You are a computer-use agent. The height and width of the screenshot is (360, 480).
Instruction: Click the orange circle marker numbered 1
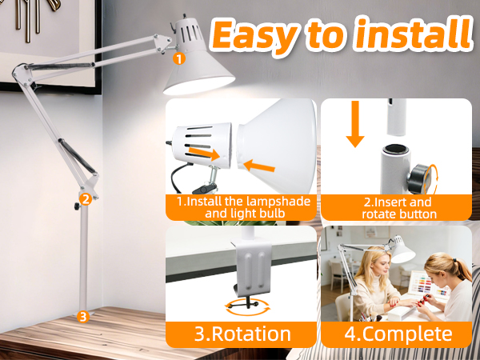click(x=179, y=58)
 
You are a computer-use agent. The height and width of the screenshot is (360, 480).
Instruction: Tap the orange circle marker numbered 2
click(x=86, y=199)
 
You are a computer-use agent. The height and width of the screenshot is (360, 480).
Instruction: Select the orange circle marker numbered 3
click(x=83, y=317)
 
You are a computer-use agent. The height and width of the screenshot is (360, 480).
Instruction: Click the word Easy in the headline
click(x=254, y=35)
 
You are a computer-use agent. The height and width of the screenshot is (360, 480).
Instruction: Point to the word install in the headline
click(x=413, y=33)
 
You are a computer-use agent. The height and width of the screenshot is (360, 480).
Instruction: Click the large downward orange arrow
click(x=355, y=124)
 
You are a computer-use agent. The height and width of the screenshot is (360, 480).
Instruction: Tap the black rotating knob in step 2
click(x=420, y=179)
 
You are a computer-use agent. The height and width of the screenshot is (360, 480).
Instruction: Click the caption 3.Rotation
click(x=242, y=334)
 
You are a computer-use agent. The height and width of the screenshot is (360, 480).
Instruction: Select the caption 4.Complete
click(x=398, y=334)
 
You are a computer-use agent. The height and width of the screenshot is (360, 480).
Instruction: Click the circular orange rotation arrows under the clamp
click(x=248, y=306)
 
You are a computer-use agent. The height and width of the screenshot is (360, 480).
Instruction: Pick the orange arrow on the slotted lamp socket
click(x=204, y=154)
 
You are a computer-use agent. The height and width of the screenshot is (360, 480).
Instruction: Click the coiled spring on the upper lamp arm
click(x=60, y=66)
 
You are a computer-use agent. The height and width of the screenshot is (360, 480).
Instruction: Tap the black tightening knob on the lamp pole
click(x=77, y=206)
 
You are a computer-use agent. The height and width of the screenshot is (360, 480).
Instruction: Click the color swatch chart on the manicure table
click(x=429, y=286)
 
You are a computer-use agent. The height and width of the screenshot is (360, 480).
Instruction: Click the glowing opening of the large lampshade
click(x=199, y=85)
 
